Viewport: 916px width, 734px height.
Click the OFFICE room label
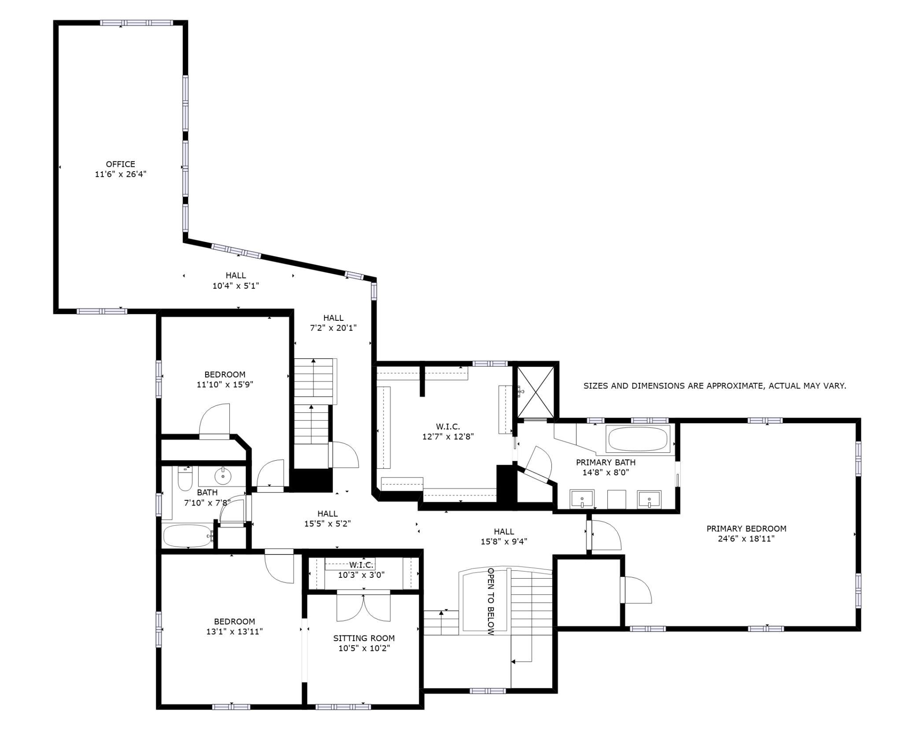pyautogui.click(x=120, y=165)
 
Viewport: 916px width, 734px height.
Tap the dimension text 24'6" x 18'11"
pyautogui.click(x=746, y=539)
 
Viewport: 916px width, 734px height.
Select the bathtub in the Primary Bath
pyautogui.click(x=638, y=438)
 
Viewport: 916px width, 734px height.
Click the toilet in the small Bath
pyautogui.click(x=185, y=478)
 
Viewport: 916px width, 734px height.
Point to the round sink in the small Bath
pyautogui.click(x=223, y=476)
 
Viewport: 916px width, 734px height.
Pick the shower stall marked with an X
pyautogui.click(x=535, y=392)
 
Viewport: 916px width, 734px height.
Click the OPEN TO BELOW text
pyautogui.click(x=491, y=602)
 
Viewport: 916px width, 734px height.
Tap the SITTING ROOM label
pyautogui.click(x=364, y=638)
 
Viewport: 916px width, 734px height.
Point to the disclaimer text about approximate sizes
pyautogui.click(x=715, y=386)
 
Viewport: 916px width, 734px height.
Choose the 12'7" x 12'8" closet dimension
pyautogui.click(x=448, y=437)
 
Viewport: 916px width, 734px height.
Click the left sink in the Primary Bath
pyautogui.click(x=582, y=499)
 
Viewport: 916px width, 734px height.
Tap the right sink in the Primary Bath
pyautogui.click(x=649, y=499)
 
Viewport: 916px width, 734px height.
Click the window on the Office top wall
pyautogui.click(x=136, y=23)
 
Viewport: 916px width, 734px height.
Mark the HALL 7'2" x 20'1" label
pyautogui.click(x=333, y=323)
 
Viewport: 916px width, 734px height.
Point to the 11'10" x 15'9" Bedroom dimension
pyautogui.click(x=225, y=384)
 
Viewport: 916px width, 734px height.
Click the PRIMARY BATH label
pyautogui.click(x=606, y=462)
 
